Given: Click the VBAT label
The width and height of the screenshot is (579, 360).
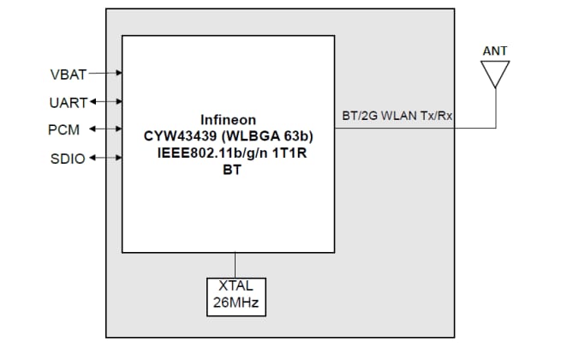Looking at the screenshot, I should click(x=69, y=75).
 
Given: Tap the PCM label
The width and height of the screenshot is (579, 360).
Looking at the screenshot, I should click(x=65, y=130).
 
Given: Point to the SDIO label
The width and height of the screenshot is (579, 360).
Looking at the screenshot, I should click(x=68, y=159).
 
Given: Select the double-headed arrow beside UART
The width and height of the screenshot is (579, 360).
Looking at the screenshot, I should click(x=104, y=102).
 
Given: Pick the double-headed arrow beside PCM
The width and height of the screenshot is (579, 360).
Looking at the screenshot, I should click(x=104, y=129).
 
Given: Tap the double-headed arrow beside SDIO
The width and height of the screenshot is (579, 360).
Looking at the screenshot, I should click(x=104, y=158).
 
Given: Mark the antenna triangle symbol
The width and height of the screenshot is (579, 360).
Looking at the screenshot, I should click(x=495, y=75).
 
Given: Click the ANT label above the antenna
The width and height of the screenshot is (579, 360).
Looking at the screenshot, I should click(x=495, y=51).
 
